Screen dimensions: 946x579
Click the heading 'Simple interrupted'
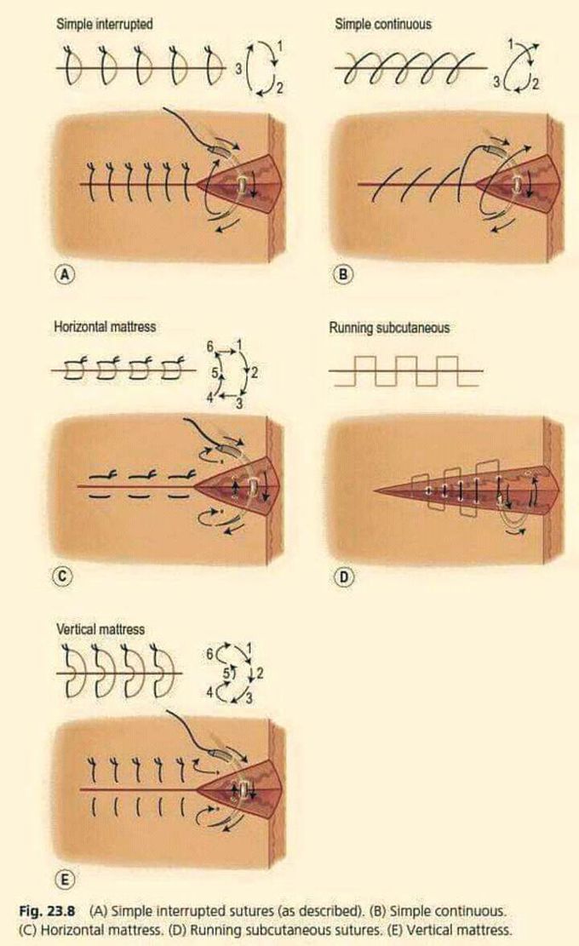pyautogui.click(x=105, y=24)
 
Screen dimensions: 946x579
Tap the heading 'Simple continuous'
pyautogui.click(x=383, y=24)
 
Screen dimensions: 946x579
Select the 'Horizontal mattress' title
pyautogui.click(x=106, y=327)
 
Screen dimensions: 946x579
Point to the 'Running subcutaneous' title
pyautogui.click(x=389, y=327)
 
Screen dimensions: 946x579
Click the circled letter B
pyautogui.click(x=341, y=274)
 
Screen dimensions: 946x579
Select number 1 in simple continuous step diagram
pyautogui.click(x=510, y=42)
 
